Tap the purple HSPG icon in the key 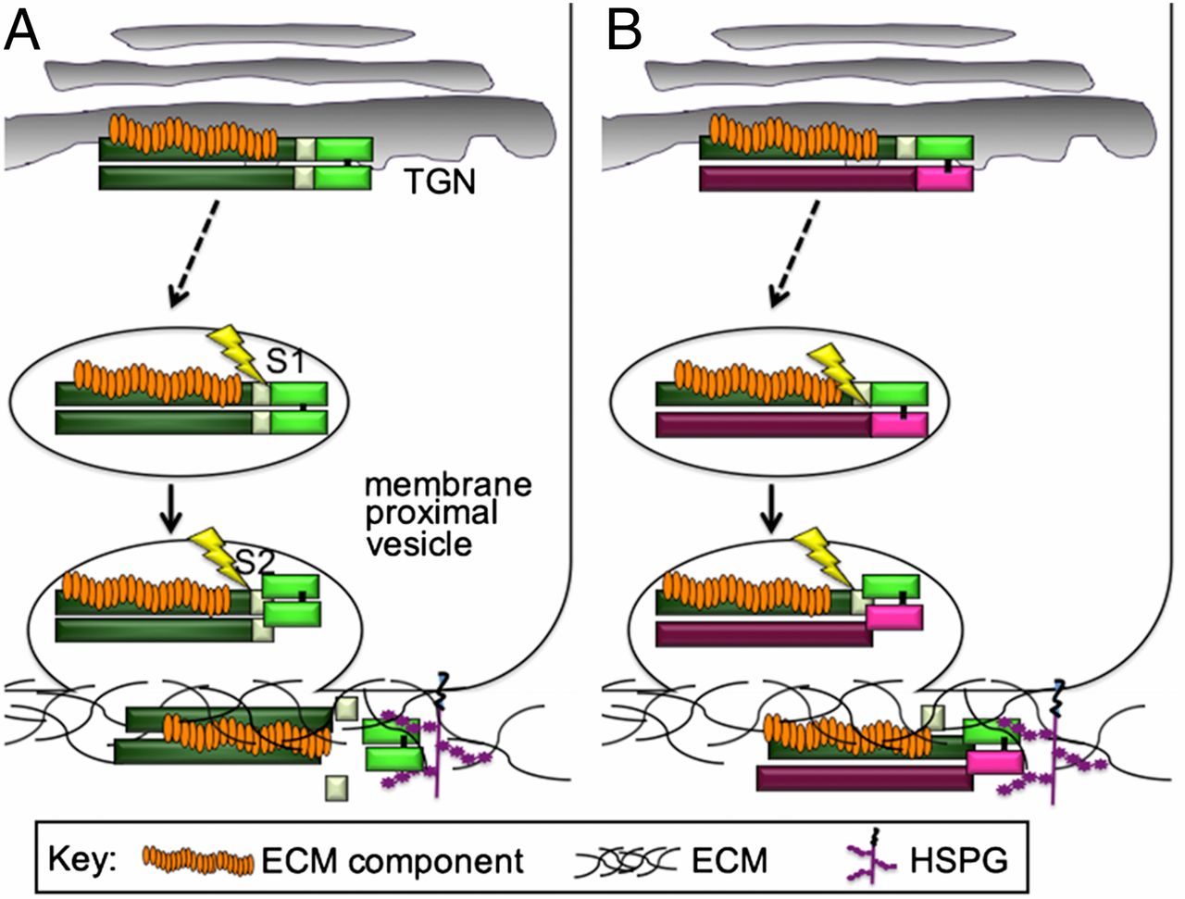coord(880,859)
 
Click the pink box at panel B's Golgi coord(944,179)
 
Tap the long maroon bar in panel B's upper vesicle coord(763,426)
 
